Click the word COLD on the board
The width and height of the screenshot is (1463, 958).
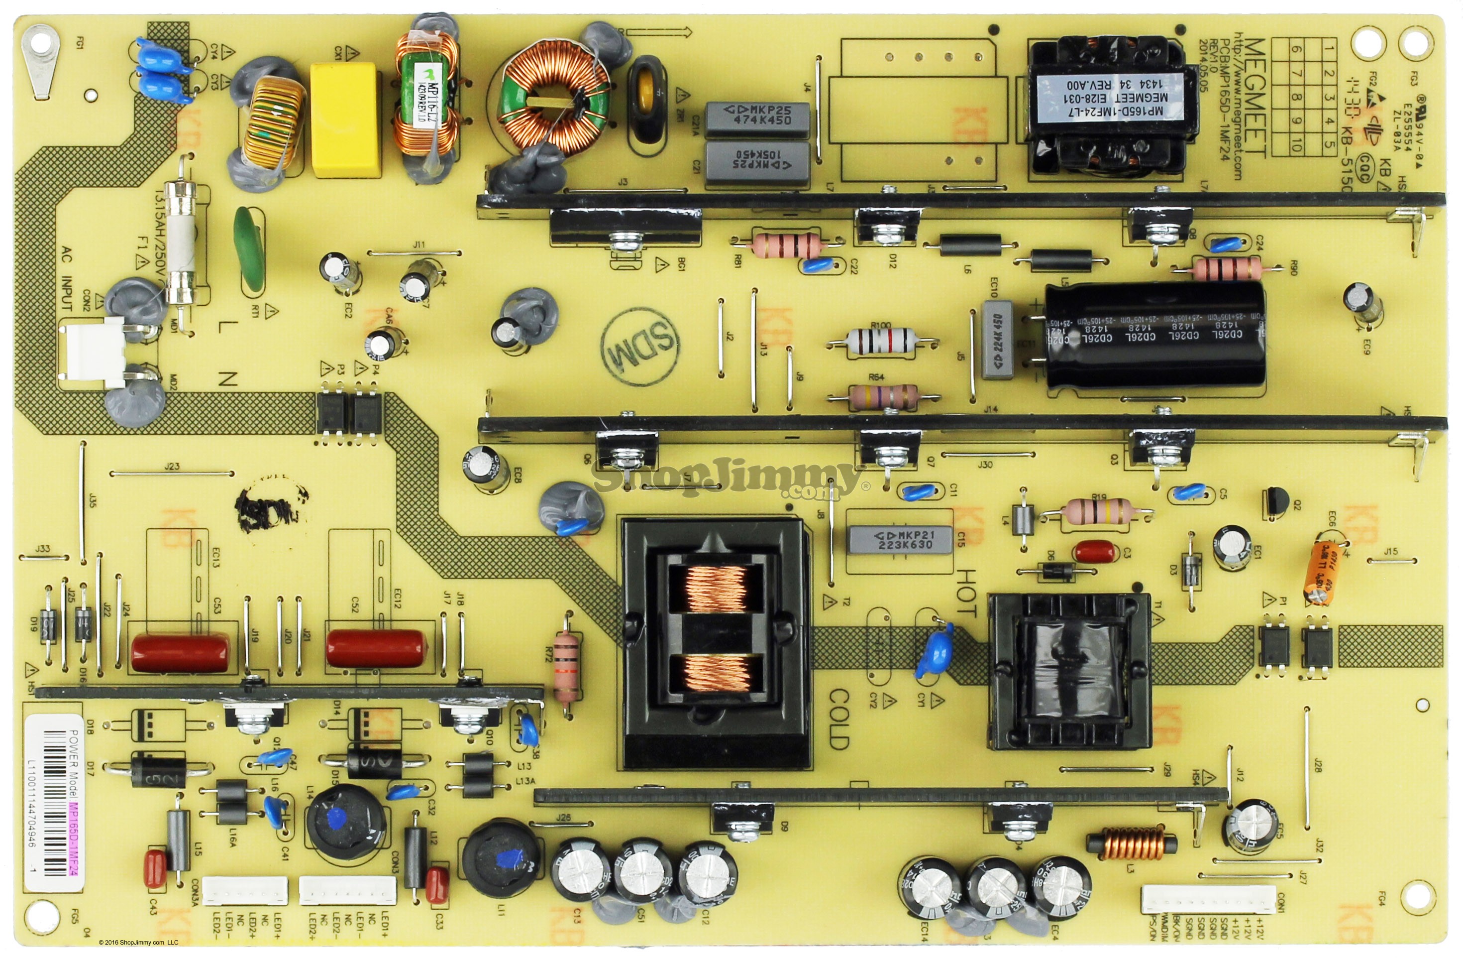pos(839,718)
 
